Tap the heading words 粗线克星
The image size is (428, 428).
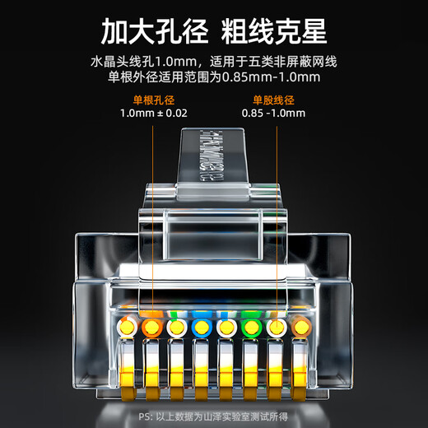click(x=277, y=32)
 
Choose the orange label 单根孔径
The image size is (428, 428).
click(x=153, y=100)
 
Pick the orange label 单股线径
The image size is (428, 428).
click(x=273, y=100)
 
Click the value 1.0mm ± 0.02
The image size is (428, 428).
click(x=153, y=113)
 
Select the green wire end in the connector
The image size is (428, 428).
click(x=252, y=327)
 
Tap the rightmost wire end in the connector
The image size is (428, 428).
click(x=303, y=327)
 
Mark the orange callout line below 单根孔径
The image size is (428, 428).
click(x=153, y=214)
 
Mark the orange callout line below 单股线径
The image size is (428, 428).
click(x=273, y=214)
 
